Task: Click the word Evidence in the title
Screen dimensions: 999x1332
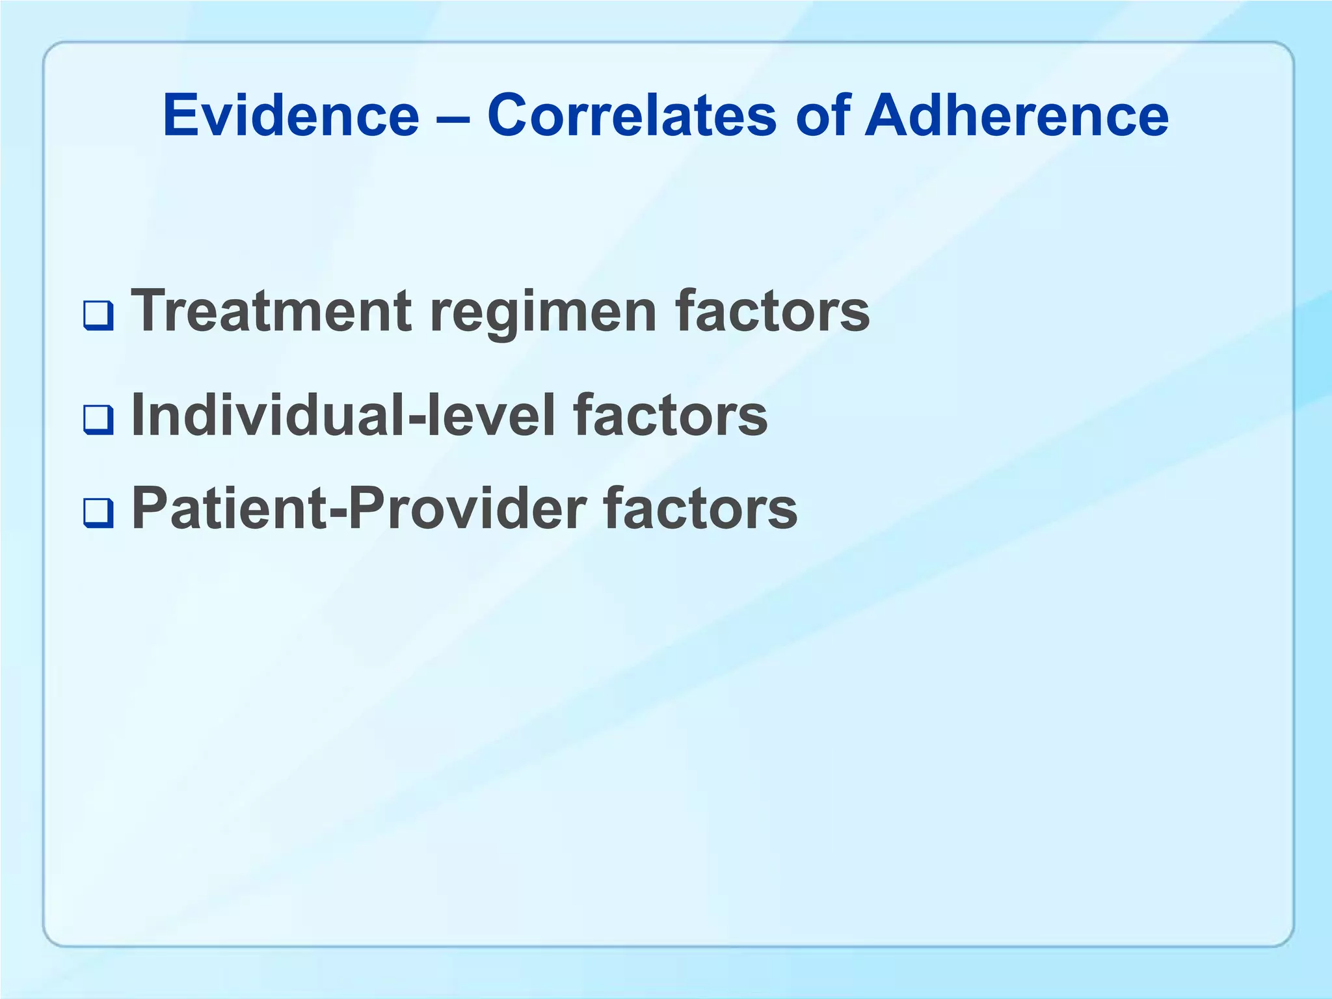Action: click(x=291, y=116)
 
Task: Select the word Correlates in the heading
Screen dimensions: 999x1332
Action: click(x=632, y=116)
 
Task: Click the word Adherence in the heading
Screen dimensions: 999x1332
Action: click(x=1016, y=116)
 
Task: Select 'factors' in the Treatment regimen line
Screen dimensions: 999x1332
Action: click(x=772, y=311)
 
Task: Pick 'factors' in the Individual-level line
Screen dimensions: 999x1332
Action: click(x=670, y=416)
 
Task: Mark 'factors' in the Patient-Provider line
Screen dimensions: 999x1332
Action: click(x=700, y=509)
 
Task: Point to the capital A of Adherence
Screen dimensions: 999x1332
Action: click(x=888, y=116)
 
